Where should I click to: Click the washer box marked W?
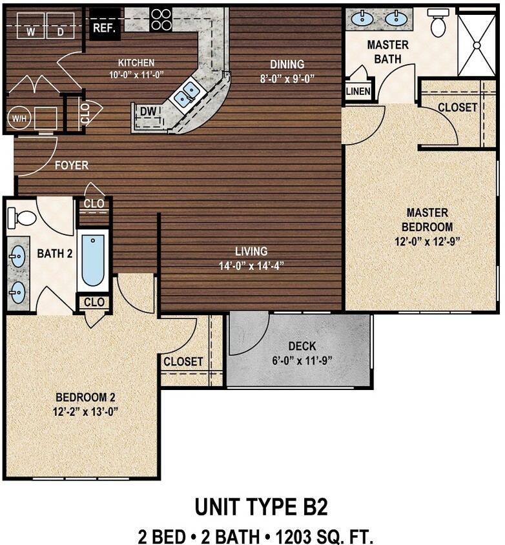point(30,30)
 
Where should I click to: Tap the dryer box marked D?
point(60,30)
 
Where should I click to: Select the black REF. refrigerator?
point(103,26)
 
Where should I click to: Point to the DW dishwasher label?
point(149,112)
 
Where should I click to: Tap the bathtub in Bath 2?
point(93,261)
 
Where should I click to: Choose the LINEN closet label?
point(358,92)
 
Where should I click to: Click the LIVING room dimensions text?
point(252,265)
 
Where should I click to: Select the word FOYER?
point(71,165)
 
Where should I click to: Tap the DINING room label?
point(287,64)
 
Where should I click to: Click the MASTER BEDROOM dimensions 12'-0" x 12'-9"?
point(427,242)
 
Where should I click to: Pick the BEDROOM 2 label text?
point(86,396)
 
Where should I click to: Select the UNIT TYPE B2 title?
point(262,507)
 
